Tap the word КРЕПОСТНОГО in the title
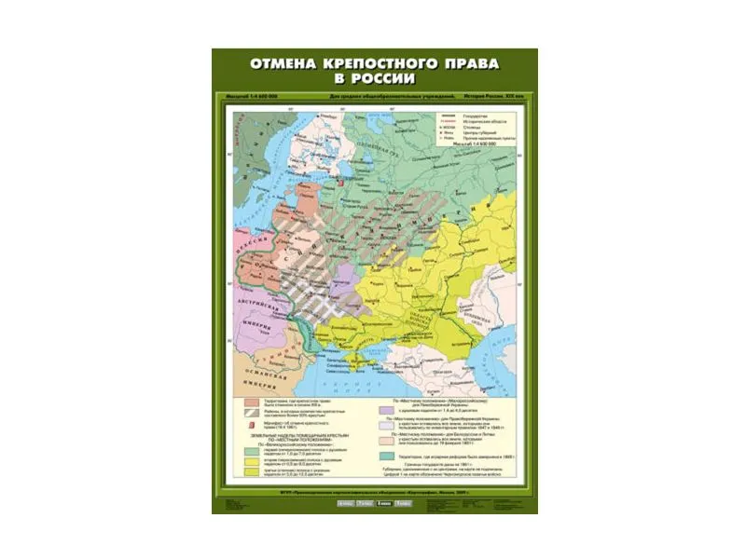pyautogui.click(x=381, y=64)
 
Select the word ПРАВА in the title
pyautogui.click(x=467, y=64)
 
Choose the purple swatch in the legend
pyautogui.click(x=383, y=409)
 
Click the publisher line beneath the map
pyautogui.click(x=373, y=491)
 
